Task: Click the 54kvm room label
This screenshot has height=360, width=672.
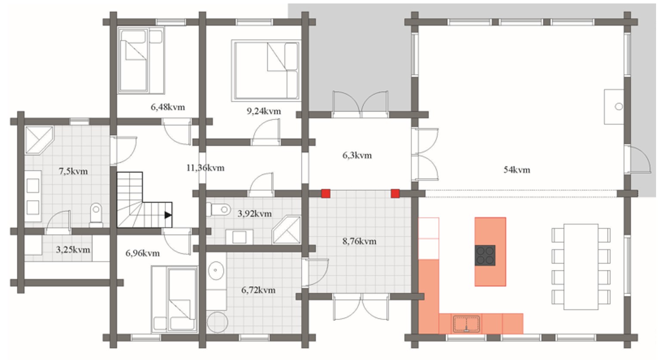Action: click(517, 170)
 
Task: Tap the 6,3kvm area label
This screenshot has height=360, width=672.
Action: click(357, 155)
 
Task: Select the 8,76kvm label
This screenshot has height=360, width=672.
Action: click(359, 241)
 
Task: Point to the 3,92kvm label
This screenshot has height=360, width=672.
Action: click(254, 214)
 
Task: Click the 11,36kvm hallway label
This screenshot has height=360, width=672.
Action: click(205, 168)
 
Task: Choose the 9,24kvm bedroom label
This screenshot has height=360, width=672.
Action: click(264, 111)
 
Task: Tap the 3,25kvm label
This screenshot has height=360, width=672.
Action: click(73, 250)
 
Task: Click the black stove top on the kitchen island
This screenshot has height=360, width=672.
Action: click(485, 255)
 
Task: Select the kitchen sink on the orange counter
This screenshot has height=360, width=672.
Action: click(466, 324)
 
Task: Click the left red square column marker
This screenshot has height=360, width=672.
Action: click(326, 193)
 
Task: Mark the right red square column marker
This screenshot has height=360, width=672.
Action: click(395, 193)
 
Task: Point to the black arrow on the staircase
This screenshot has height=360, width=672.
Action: click(168, 215)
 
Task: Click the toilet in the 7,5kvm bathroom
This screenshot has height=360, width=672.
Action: click(96, 215)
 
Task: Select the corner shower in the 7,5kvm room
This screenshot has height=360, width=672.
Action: click(39, 140)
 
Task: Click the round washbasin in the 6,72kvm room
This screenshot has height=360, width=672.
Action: click(215, 270)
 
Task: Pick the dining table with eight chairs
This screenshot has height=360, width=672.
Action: click(581, 267)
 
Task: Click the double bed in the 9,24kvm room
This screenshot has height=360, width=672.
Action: click(266, 71)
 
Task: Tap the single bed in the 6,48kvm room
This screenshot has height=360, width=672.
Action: click(141, 61)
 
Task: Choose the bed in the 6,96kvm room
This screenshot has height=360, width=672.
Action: click(175, 299)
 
